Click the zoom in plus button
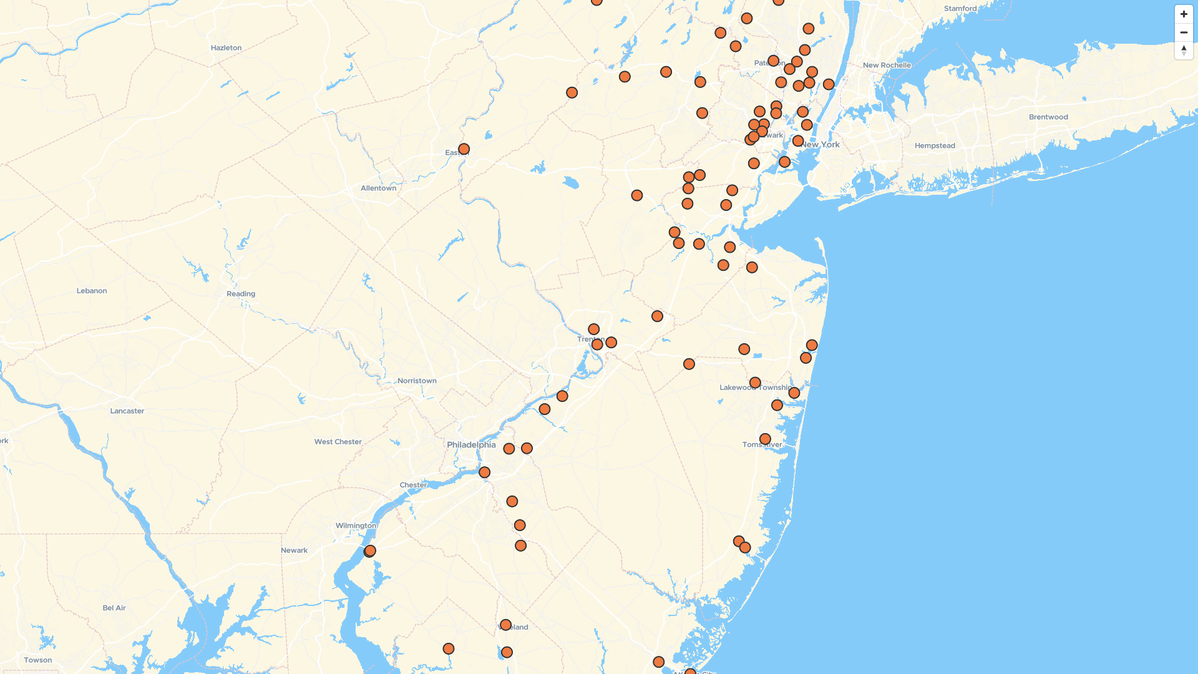tap(1184, 14)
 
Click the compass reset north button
tap(1184, 51)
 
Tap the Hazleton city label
tap(226, 48)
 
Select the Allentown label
tap(378, 188)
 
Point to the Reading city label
tap(241, 294)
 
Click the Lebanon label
tap(92, 291)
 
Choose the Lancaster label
tap(127, 411)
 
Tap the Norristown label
tap(417, 381)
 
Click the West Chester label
tap(338, 442)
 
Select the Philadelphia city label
tap(471, 445)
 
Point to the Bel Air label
tap(114, 608)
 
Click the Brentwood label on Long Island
tap(1048, 117)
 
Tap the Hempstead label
tap(935, 146)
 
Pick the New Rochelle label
tap(887, 66)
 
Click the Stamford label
tap(960, 9)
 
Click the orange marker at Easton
tap(464, 150)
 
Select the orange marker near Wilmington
tap(370, 551)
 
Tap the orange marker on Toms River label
tap(765, 439)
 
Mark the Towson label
tap(38, 660)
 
